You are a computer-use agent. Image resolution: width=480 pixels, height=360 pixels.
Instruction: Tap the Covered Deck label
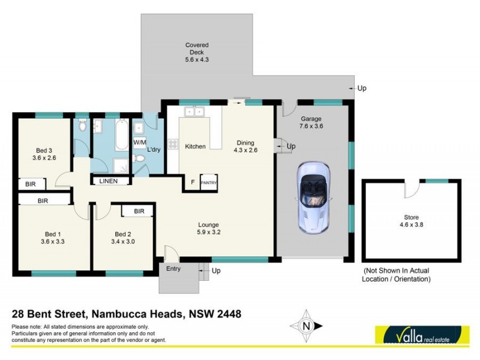(197, 52)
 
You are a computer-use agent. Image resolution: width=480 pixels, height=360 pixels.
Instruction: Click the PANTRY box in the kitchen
(208, 182)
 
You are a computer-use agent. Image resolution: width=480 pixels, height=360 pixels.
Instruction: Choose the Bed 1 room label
(53, 238)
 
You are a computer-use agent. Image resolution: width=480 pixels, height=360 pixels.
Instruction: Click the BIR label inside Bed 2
(139, 211)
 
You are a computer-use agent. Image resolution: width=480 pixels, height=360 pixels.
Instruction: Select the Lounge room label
(209, 230)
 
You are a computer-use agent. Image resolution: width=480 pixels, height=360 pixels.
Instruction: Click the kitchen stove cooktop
(173, 144)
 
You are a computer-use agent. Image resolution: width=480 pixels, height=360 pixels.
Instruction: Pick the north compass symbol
(306, 326)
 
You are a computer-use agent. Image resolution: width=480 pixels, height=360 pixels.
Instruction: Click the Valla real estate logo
(421, 333)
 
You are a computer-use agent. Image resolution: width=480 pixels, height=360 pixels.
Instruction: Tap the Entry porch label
(173, 269)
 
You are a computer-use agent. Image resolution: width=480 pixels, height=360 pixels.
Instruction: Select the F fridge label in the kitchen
(192, 182)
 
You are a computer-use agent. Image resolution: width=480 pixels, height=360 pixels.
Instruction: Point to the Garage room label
(311, 123)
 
